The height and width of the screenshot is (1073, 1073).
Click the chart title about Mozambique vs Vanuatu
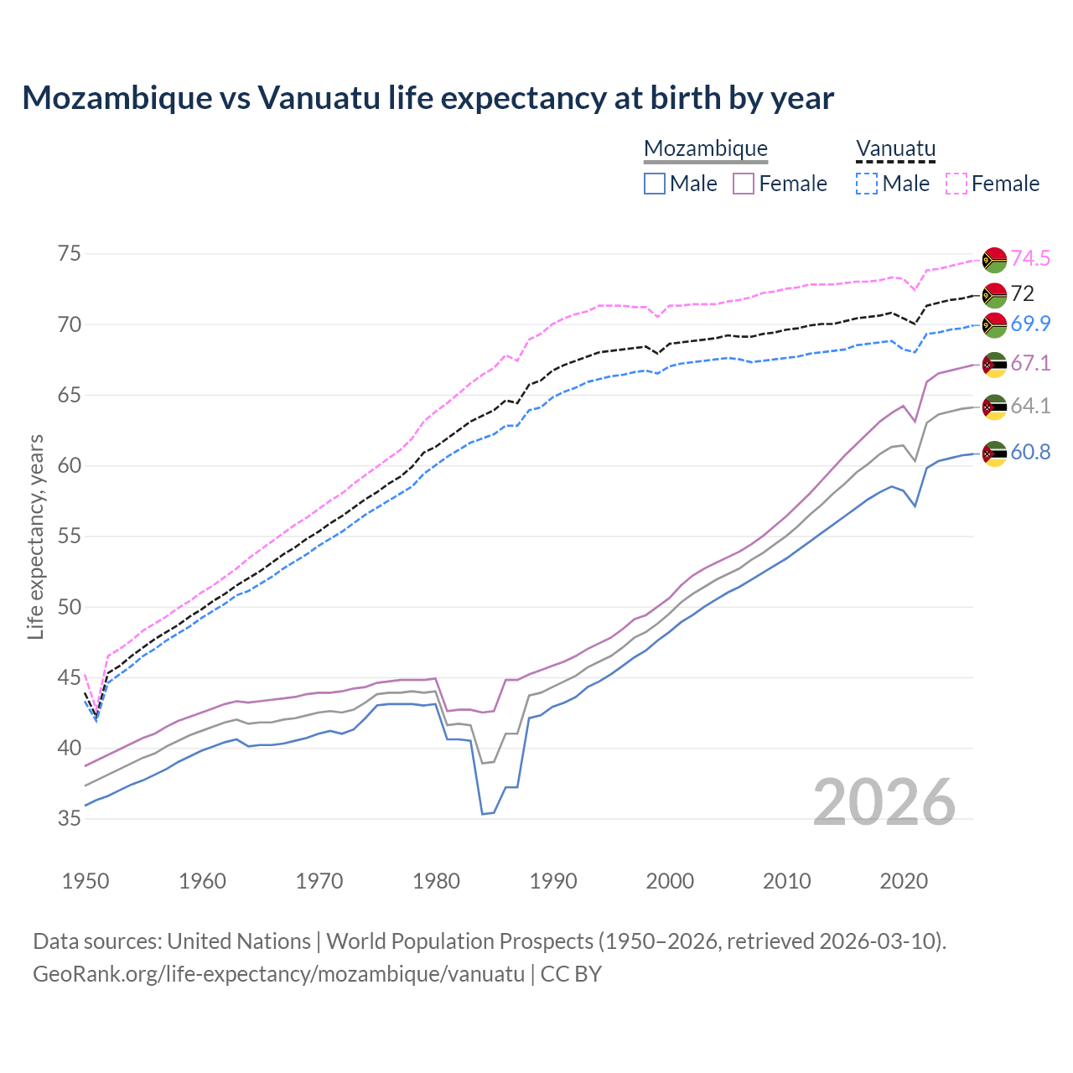point(428,98)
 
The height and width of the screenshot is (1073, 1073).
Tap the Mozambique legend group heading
point(706,149)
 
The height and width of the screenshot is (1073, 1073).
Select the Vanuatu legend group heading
point(895,149)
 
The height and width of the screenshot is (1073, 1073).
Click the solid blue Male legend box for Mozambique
point(655,184)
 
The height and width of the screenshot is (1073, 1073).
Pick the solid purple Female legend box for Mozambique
point(744,184)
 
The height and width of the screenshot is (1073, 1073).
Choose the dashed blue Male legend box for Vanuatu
point(867,184)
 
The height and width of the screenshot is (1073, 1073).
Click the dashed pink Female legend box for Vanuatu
point(956,184)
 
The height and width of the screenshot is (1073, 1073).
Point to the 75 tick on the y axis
point(70,254)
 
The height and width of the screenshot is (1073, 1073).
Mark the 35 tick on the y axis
point(70,819)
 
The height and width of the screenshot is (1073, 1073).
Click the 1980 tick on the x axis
point(436,881)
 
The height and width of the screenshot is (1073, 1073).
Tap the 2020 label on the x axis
point(904,881)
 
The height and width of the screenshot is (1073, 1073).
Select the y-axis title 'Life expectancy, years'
point(35,536)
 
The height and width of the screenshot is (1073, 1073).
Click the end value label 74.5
point(1030,259)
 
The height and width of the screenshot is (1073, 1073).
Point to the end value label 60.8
point(1030,453)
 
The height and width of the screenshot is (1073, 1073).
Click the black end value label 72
point(1023,294)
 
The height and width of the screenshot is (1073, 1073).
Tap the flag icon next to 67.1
point(994,364)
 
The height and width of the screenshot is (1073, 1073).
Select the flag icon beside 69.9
point(994,324)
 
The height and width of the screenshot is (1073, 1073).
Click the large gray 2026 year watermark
point(884,803)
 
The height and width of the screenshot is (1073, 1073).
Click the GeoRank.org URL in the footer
point(278,974)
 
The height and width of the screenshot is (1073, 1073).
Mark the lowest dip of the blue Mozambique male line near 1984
point(483,813)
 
